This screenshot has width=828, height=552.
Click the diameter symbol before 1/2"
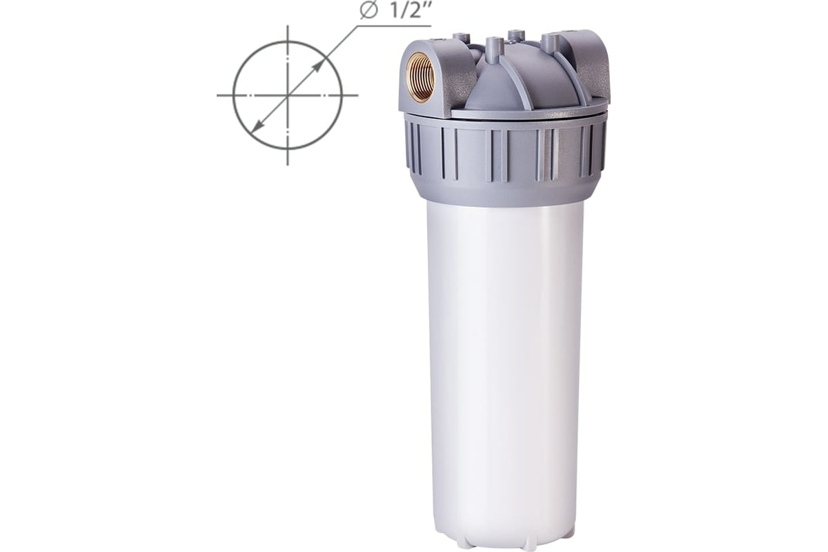pos(368,12)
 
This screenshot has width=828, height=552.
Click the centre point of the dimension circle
pos(288,95)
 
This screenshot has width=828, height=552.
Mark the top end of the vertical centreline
pos(288,26)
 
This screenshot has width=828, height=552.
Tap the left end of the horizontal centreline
pos(217,95)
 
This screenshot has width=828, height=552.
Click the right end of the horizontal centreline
pos(357,95)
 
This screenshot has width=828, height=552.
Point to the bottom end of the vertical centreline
pos(288,164)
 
